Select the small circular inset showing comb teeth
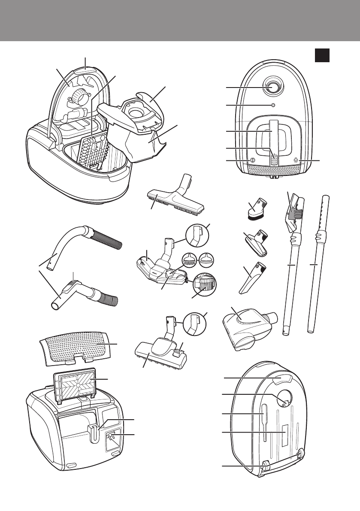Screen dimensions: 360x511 [190, 260]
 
